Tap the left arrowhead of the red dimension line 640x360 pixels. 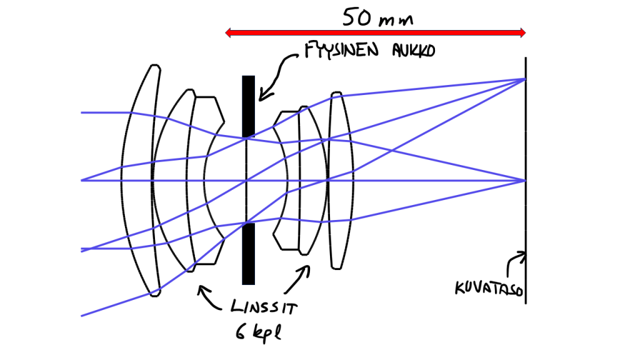pyautogui.click(x=229, y=32)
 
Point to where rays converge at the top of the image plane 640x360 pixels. pyautogui.click(x=525, y=79)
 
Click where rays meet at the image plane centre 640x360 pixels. pyautogui.click(x=525, y=180)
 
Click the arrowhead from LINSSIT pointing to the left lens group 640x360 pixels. pyautogui.click(x=200, y=289)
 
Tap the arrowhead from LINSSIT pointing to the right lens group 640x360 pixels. pyautogui.click(x=307, y=269)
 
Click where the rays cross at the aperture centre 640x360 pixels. pyautogui.click(x=249, y=180)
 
